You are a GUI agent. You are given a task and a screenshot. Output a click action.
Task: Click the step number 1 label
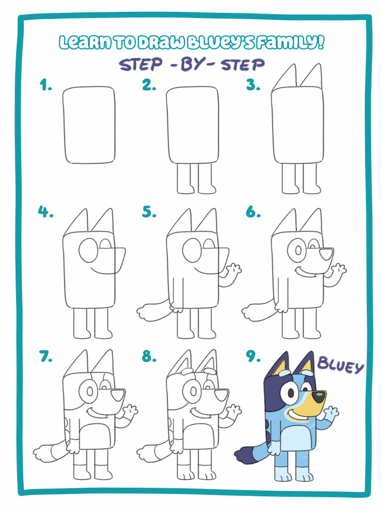coord(46,86)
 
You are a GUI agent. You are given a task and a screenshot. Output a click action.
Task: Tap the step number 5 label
coord(149,212)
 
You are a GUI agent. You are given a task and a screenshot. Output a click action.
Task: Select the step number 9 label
coord(253,356)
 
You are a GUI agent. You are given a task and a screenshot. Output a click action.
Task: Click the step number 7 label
coord(45,356)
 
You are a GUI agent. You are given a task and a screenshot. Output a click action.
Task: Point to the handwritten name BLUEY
coord(341,367)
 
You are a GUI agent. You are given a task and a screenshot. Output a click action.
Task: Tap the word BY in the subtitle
coord(191,64)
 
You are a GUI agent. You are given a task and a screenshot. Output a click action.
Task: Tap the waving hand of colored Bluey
coord(331,412)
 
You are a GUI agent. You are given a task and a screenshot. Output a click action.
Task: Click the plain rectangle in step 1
coord(89,125)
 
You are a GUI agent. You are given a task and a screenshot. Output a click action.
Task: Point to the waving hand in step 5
coord(232,270)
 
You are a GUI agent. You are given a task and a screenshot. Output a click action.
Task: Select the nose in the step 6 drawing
coord(327,254)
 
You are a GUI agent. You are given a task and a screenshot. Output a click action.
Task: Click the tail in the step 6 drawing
coord(257,312)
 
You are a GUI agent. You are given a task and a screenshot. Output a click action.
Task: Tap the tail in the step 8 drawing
coord(153,453)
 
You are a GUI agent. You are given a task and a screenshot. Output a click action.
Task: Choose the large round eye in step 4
coord(88,250)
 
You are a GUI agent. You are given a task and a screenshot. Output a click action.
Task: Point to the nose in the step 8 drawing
coord(222,395)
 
